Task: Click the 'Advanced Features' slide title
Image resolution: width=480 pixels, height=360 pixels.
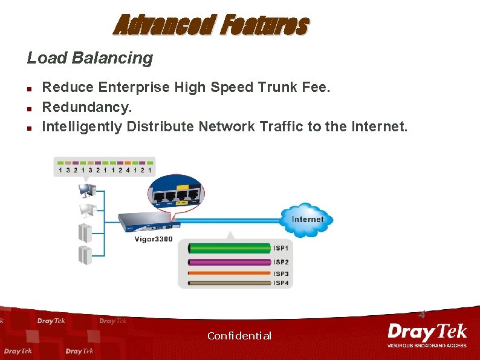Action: (211, 25)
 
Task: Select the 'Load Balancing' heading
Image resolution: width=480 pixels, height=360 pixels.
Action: (89, 58)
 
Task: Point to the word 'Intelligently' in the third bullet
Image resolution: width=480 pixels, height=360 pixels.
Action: (82, 126)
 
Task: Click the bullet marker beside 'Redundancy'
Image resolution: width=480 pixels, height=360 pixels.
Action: (29, 108)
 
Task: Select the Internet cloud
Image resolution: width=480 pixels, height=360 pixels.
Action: (307, 219)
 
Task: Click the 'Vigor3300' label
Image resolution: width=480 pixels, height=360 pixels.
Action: (153, 240)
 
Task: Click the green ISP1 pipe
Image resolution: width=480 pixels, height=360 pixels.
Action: (230, 249)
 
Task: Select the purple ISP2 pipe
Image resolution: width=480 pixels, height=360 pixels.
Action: (230, 262)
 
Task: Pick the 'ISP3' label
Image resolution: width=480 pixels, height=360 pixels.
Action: (281, 274)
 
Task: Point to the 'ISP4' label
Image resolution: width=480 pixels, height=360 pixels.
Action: (281, 283)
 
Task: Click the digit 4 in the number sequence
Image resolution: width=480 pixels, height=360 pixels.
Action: (128, 171)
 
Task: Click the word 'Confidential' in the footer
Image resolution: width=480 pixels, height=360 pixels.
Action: (239, 336)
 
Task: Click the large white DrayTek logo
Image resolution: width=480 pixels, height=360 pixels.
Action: (427, 332)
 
